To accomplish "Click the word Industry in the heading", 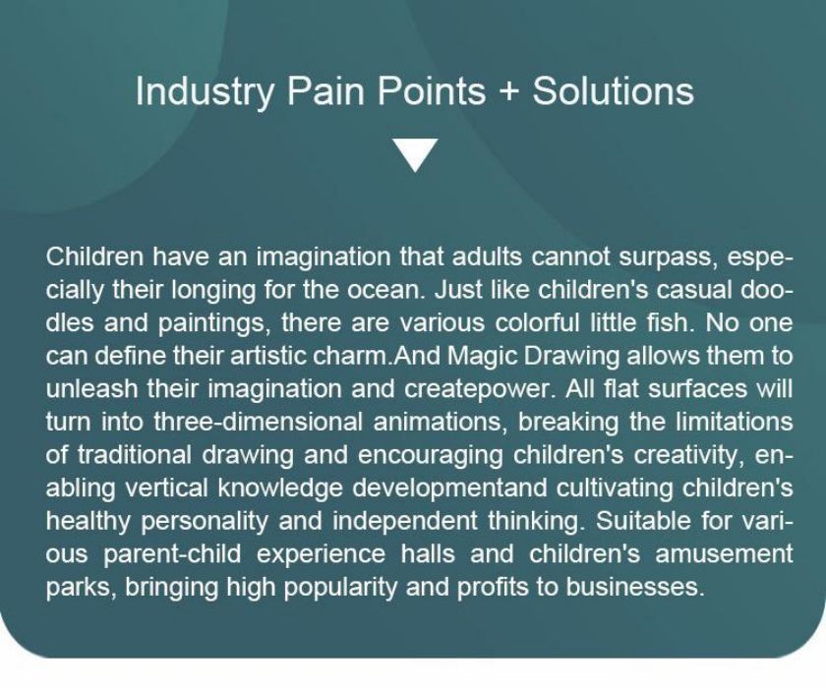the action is [x=205, y=91].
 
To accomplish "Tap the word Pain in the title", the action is [x=325, y=90].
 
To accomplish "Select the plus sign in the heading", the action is [x=508, y=91].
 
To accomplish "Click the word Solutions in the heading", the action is [x=613, y=90].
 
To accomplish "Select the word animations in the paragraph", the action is [x=441, y=423].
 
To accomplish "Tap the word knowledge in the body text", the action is [x=280, y=488].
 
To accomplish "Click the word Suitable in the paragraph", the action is [x=644, y=521].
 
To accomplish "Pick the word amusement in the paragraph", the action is [x=724, y=554].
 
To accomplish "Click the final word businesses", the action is [x=635, y=587].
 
